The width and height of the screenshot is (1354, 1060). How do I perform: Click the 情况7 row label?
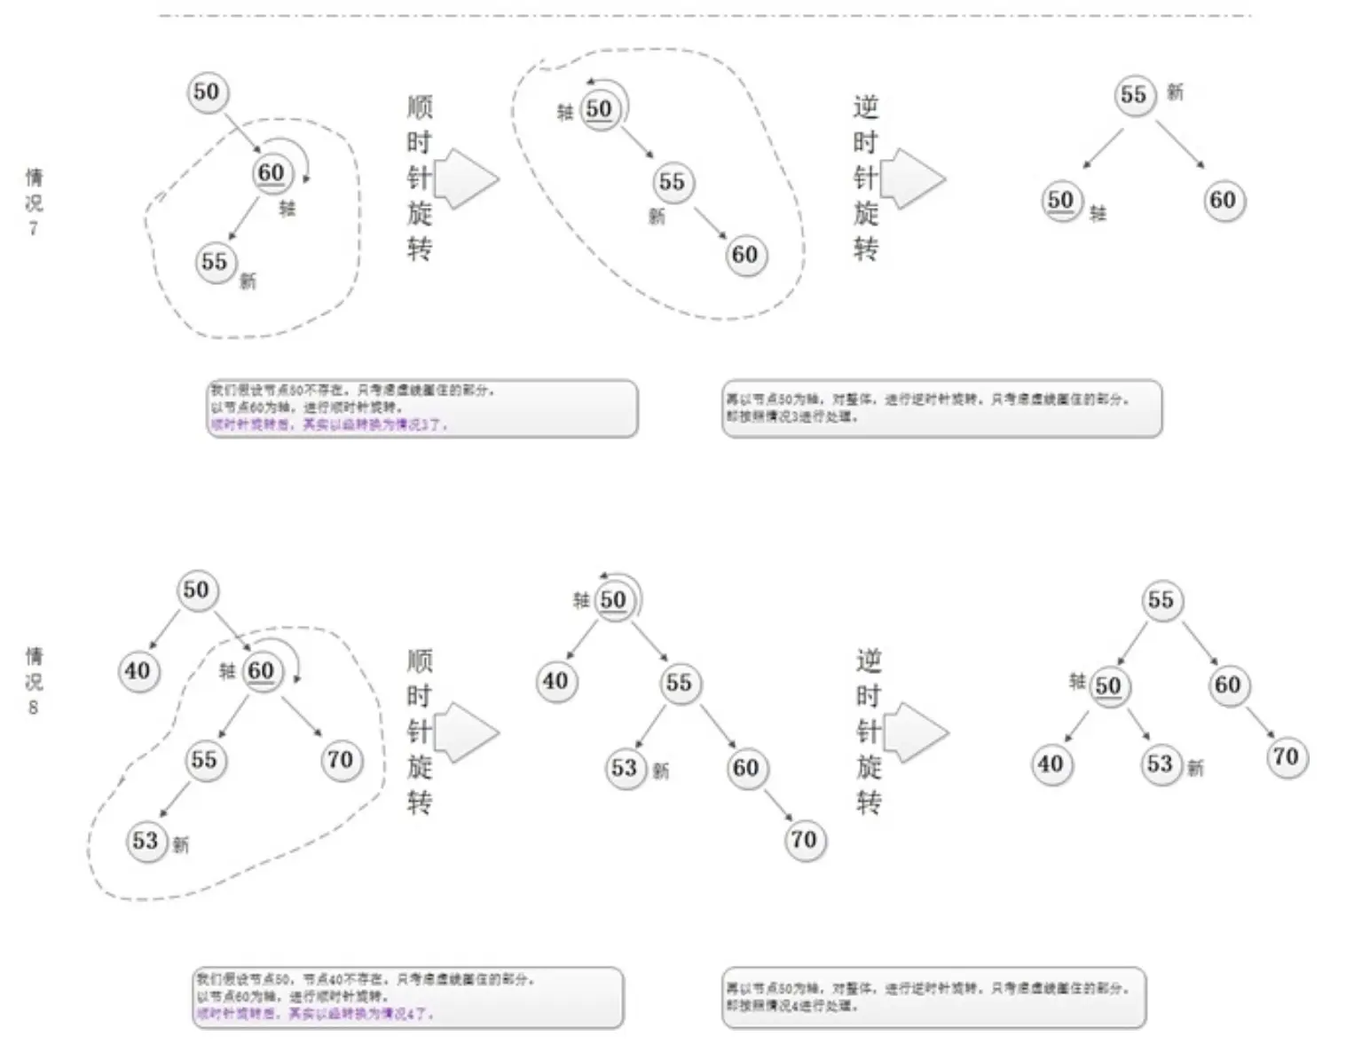[34, 202]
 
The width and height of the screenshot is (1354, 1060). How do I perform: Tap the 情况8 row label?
[34, 681]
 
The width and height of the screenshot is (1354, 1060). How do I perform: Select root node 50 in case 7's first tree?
[207, 91]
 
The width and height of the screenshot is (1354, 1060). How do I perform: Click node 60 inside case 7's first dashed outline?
[272, 172]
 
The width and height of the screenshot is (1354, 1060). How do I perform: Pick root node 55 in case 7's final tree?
[1134, 95]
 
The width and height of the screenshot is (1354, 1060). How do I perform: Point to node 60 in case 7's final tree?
[1224, 200]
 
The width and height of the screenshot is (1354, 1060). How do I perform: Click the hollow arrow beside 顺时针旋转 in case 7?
[467, 178]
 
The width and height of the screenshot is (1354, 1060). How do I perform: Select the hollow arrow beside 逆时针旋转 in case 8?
[917, 733]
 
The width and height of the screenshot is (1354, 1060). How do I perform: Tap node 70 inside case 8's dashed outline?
[341, 760]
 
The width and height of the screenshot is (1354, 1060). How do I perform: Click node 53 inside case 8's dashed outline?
[146, 841]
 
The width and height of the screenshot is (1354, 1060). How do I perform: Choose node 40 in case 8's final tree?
[1051, 763]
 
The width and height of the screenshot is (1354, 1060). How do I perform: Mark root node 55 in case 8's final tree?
[1161, 600]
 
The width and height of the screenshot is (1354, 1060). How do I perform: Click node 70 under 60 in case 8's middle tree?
[804, 839]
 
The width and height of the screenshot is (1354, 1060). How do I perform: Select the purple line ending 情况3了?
[328, 425]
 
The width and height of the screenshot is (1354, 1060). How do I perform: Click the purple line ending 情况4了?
[315, 1013]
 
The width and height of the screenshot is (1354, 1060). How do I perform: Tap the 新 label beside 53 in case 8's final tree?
[1196, 768]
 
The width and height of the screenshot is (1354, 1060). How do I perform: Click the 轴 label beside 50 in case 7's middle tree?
[565, 112]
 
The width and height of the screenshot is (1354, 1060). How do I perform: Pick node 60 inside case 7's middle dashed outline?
[744, 256]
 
